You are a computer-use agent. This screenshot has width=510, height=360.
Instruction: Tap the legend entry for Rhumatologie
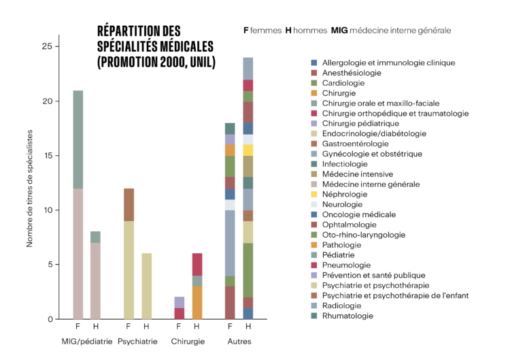tap(347, 316)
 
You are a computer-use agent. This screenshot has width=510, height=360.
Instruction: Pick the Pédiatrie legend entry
tap(339, 255)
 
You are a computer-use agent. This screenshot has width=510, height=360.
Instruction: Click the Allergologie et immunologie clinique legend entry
tap(388, 63)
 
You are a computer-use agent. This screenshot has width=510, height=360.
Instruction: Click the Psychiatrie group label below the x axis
tap(137, 341)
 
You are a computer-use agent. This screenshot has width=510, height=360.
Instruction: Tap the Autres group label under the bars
tap(239, 341)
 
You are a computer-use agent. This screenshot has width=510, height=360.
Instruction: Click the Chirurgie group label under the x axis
tap(188, 341)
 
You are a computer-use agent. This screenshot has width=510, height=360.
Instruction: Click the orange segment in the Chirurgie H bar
tap(197, 302)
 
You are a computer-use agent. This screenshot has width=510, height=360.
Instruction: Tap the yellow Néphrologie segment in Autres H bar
tap(248, 150)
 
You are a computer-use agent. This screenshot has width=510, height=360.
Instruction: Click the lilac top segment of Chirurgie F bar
tap(180, 302)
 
